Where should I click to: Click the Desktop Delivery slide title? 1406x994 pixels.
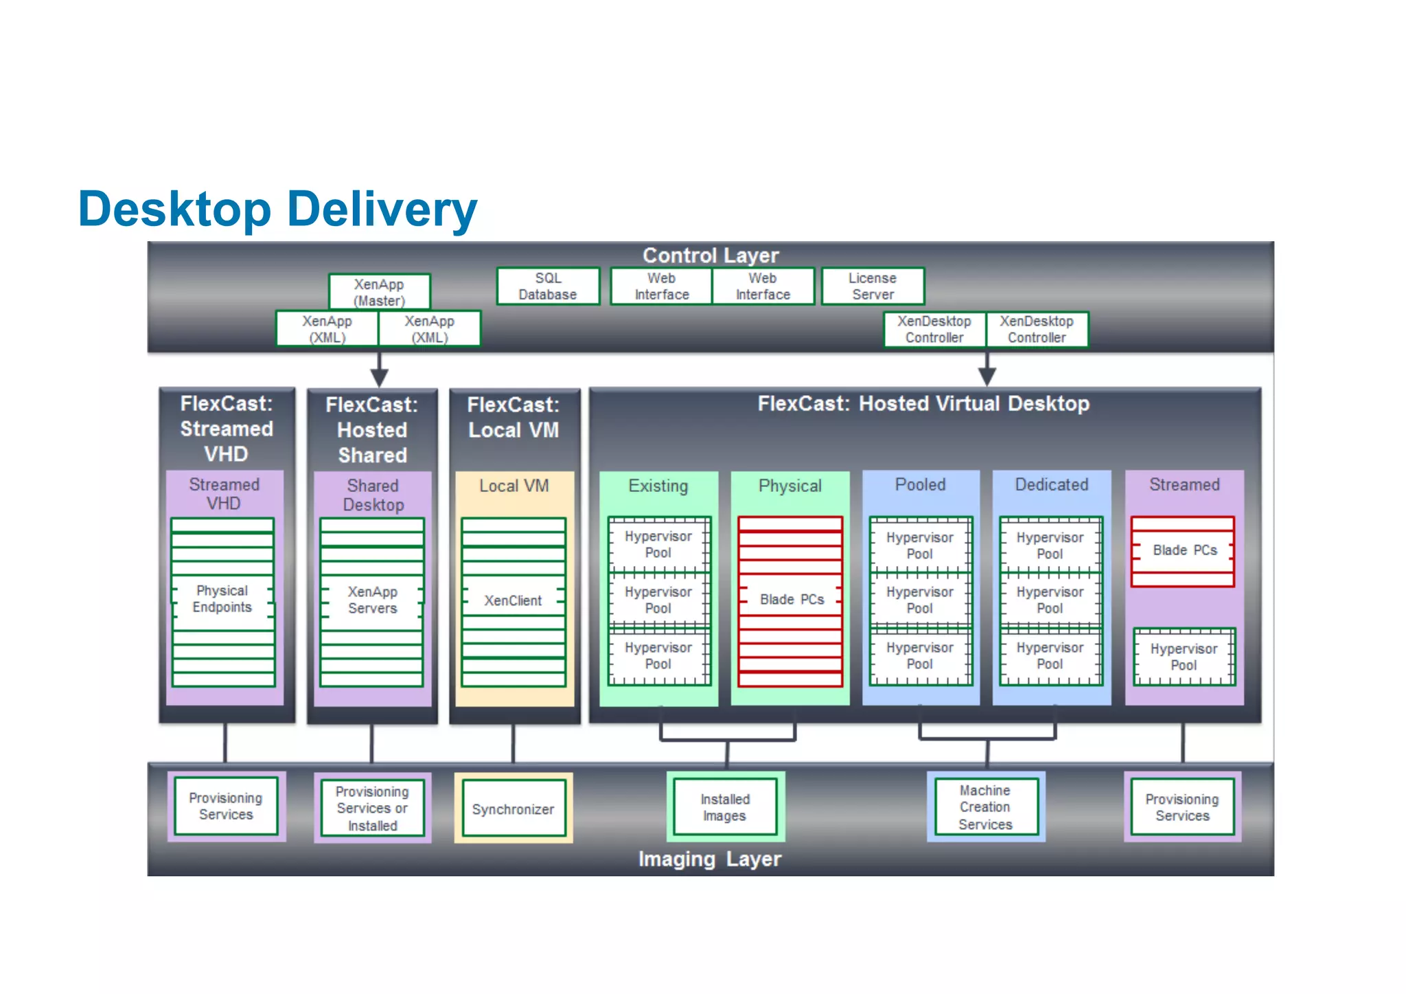[x=277, y=209]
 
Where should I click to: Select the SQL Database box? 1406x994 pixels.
[x=548, y=286]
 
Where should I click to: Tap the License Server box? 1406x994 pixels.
[x=873, y=286]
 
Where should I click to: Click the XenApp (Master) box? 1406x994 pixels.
[x=379, y=292]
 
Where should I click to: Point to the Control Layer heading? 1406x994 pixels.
[x=711, y=256]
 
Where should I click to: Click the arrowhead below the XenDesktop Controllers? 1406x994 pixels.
[x=987, y=375]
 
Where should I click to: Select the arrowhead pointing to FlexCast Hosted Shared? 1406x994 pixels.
[x=379, y=376]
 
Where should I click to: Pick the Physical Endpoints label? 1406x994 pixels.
[x=222, y=599]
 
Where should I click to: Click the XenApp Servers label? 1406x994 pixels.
[x=372, y=600]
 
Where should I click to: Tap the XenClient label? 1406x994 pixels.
[x=513, y=600]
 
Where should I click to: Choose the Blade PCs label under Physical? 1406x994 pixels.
[x=791, y=600]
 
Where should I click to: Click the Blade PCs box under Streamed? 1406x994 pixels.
[x=1183, y=551]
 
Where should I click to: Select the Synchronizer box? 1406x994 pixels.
[x=513, y=809]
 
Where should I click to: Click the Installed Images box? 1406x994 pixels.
[x=725, y=807]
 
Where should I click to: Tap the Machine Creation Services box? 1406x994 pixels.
[x=985, y=807]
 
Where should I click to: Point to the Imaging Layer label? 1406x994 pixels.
[x=710, y=859]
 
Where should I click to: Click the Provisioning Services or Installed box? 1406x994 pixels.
[x=372, y=808]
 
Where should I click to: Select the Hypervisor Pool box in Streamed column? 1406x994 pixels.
[x=1184, y=657]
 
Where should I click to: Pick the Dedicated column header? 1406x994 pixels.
[x=1051, y=485]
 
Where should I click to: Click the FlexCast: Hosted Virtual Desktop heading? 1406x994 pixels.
[x=923, y=404]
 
